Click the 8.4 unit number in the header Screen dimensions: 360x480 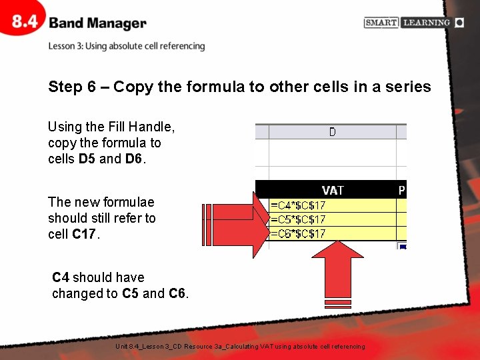pyautogui.click(x=25, y=22)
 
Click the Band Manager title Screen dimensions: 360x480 pyautogui.click(x=97, y=23)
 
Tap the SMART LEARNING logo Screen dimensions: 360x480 pyautogui.click(x=413, y=23)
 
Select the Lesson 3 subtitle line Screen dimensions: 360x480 pyautogui.click(x=126, y=46)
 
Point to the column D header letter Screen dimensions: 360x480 pyautogui.click(x=332, y=132)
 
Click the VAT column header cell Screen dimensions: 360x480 pyautogui.click(x=332, y=190)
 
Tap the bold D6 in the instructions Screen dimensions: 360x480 pyautogui.click(x=133, y=159)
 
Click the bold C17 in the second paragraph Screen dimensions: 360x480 pyautogui.click(x=84, y=234)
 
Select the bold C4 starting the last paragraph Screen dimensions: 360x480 pyautogui.click(x=61, y=277)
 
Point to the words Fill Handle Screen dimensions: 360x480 pyautogui.click(x=139, y=127)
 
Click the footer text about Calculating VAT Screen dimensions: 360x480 pyautogui.click(x=240, y=347)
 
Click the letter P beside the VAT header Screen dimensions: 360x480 pyautogui.click(x=402, y=190)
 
